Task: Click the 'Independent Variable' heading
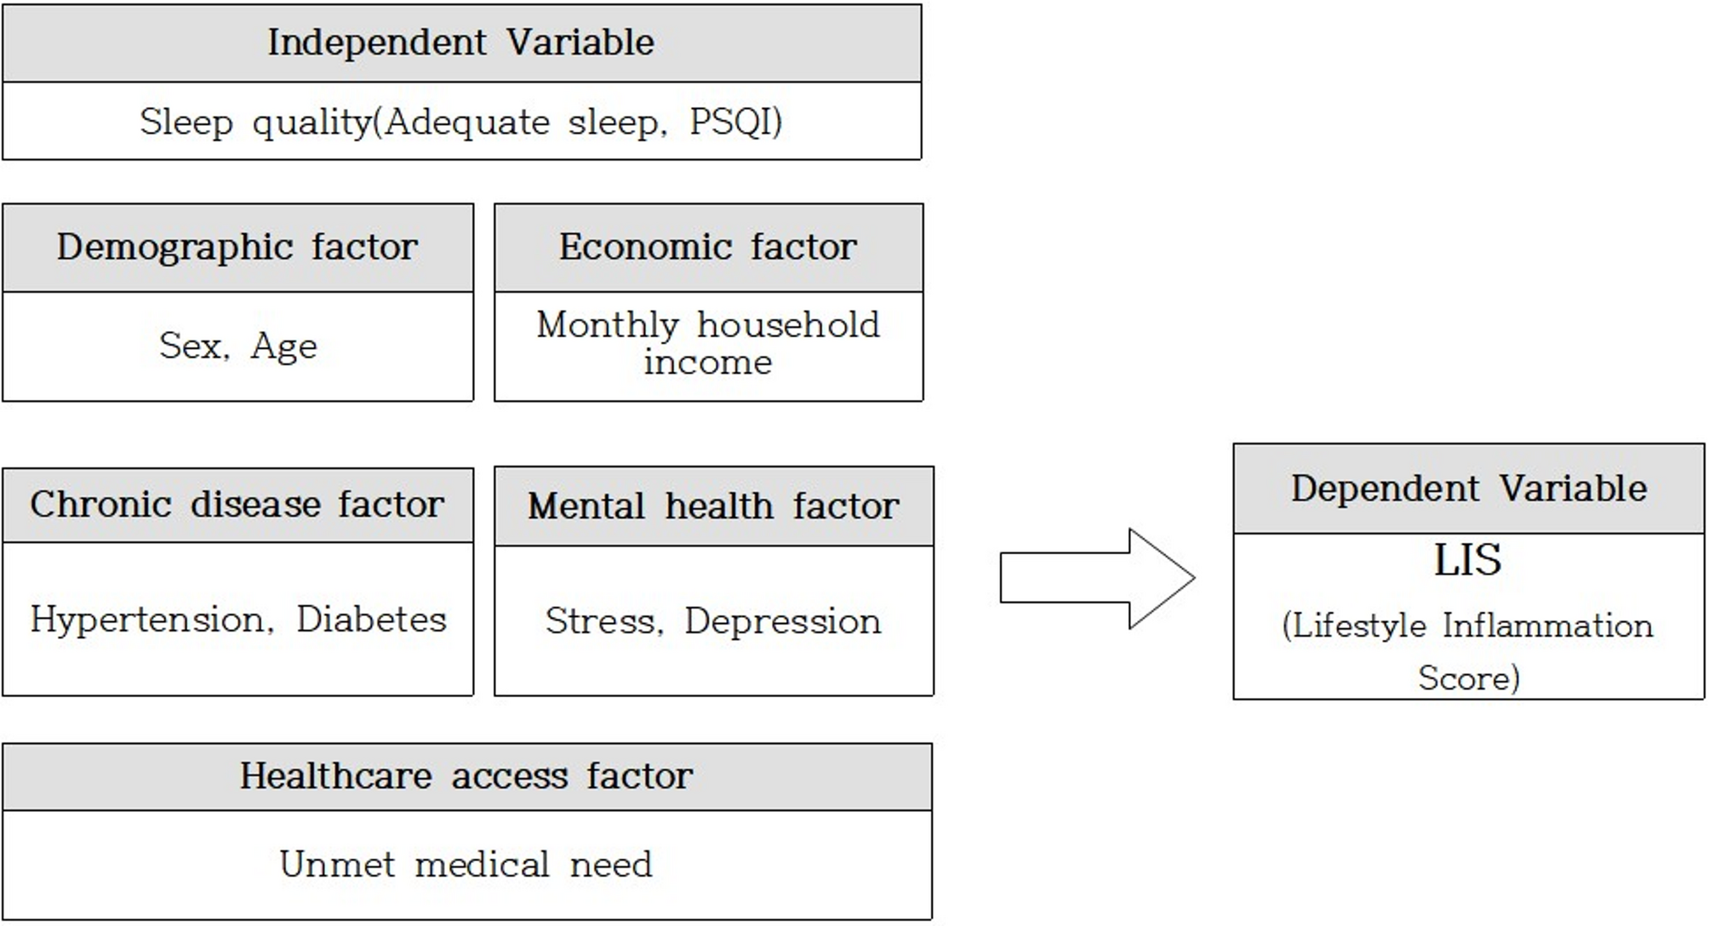click(460, 43)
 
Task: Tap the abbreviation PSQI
click(734, 122)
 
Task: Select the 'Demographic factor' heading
click(237, 247)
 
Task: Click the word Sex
click(192, 346)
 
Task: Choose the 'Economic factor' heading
click(707, 247)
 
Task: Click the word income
click(707, 363)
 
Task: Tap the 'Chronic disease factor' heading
click(237, 504)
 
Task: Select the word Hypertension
click(151, 620)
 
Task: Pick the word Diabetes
click(371, 620)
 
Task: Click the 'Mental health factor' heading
click(713, 506)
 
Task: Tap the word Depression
click(782, 621)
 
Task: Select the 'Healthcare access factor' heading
click(466, 775)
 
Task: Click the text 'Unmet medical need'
click(466, 865)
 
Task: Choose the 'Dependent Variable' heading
click(1468, 489)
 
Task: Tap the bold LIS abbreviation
click(1467, 560)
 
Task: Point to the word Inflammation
click(1547, 626)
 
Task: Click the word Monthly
click(608, 325)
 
